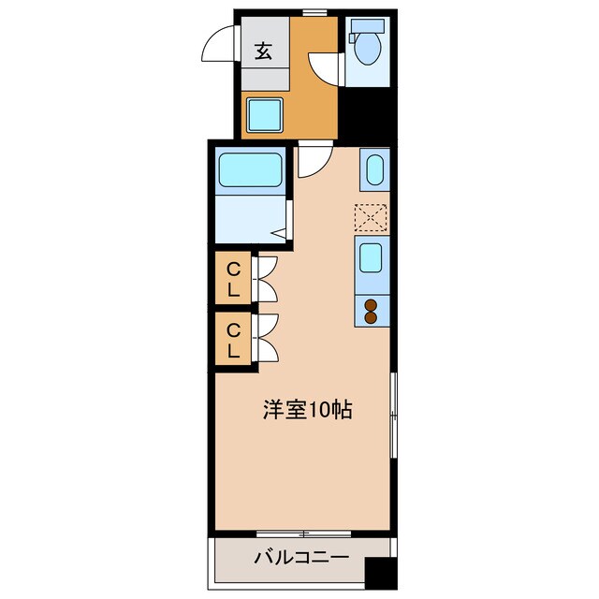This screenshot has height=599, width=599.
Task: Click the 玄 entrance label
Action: coord(264,51)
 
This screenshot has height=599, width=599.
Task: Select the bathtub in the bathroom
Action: coord(252,171)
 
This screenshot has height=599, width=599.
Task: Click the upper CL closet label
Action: coord(234,279)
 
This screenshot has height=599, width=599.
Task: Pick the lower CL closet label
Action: coord(234,340)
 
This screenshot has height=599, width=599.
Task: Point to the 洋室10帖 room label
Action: coord(307,409)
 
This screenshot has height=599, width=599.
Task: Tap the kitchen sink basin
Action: coord(372,256)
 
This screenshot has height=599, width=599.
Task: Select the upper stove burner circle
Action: coord(371,304)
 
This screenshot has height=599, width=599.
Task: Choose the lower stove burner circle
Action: coord(371,317)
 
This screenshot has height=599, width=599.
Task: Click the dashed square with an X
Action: coord(372,217)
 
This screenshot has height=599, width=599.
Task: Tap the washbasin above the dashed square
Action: coord(372,171)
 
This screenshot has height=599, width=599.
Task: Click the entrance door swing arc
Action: coord(216,46)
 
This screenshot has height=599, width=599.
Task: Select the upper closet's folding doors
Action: coord(266,279)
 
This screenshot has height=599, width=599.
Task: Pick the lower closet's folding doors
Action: coord(266,339)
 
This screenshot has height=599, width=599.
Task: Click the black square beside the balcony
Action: coord(378,572)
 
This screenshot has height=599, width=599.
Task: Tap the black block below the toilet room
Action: coord(366,114)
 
